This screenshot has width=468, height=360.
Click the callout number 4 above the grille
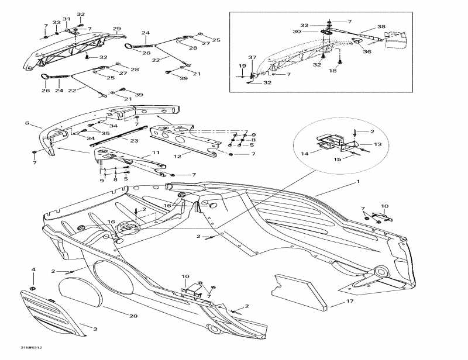33,269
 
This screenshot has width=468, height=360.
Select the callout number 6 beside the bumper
27,123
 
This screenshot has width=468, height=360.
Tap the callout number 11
156,153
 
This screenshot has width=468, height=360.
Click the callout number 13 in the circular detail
378,144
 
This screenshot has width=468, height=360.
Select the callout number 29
116,29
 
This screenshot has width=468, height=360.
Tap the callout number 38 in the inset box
381,27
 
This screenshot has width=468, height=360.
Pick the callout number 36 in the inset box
367,52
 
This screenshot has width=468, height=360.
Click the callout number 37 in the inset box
252,57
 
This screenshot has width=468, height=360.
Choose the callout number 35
106,133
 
